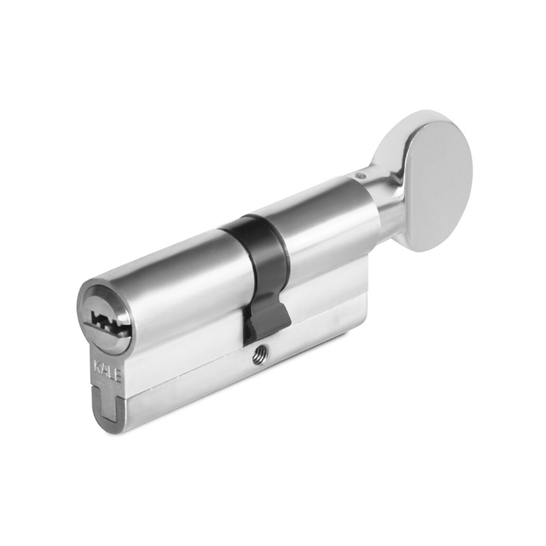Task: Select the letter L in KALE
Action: pyautogui.click(x=111, y=372)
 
